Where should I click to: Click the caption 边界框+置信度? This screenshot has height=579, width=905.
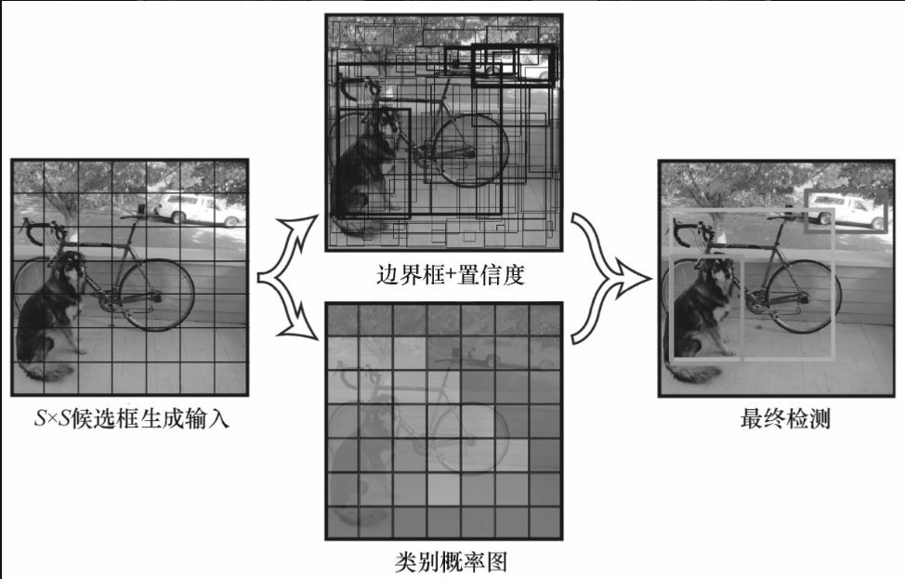(451, 275)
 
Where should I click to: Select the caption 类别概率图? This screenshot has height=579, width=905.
(451, 561)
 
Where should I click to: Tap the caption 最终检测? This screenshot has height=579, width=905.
(785, 418)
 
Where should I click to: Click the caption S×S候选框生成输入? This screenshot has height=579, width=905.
(132, 418)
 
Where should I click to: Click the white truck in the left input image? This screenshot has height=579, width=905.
(198, 209)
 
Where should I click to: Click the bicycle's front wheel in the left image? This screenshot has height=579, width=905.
(164, 295)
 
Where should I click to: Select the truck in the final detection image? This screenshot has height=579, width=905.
(846, 211)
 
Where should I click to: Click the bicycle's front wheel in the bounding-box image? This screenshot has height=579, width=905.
(471, 150)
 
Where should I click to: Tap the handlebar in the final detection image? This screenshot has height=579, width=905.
(687, 230)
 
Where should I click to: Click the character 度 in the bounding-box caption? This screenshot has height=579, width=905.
(513, 275)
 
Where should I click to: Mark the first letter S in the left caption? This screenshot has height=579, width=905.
(40, 418)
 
